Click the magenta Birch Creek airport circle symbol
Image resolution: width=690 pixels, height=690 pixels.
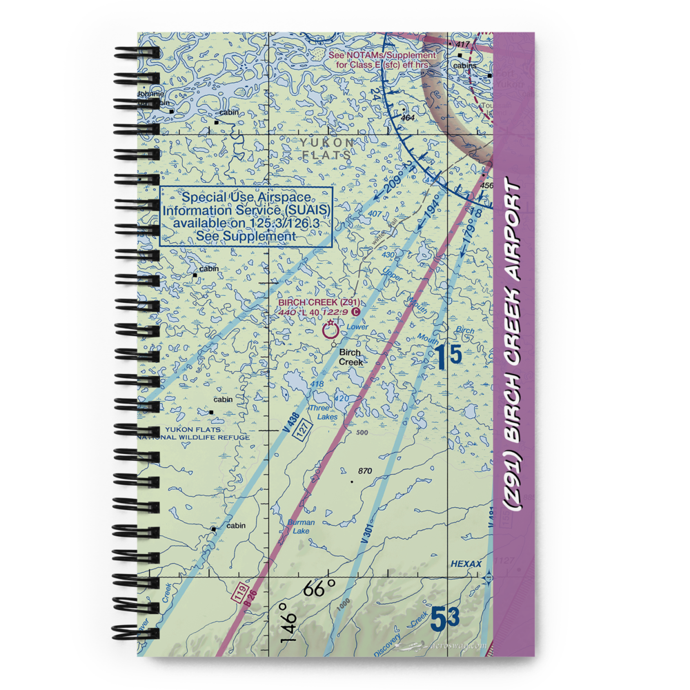click(x=331, y=331)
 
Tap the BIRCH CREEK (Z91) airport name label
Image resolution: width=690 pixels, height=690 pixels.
click(x=319, y=302)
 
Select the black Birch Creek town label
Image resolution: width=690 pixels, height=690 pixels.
click(x=351, y=357)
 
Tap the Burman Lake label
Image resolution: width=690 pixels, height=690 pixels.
click(x=300, y=526)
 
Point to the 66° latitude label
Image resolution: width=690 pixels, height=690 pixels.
click(x=321, y=589)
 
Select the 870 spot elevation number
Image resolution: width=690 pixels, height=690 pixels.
click(x=364, y=471)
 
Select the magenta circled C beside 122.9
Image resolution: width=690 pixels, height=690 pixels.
click(x=355, y=312)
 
